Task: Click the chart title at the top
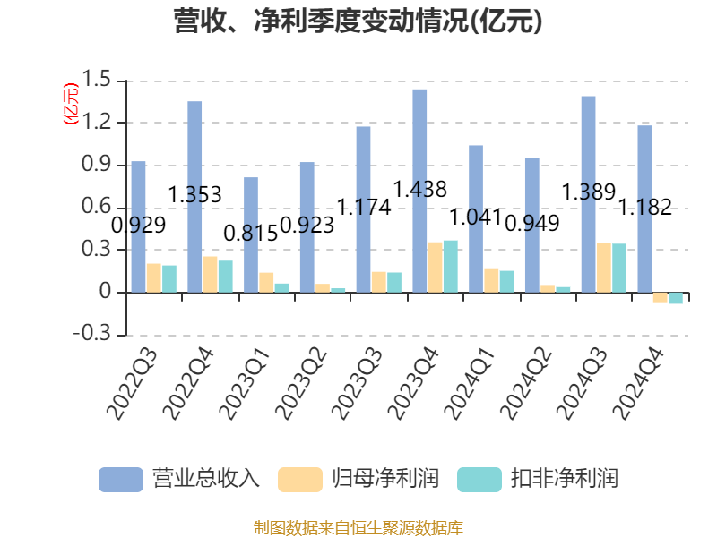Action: pyautogui.click(x=358, y=21)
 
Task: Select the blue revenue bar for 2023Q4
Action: pyautogui.click(x=419, y=190)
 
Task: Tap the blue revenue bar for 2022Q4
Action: pyautogui.click(x=194, y=196)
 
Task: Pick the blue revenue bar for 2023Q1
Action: pyautogui.click(x=251, y=234)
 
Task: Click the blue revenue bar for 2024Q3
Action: pyautogui.click(x=588, y=193)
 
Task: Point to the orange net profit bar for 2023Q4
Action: pyautogui.click(x=435, y=267)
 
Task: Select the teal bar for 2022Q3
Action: pyautogui.click(x=169, y=278)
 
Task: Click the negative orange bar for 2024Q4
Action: pyautogui.click(x=660, y=297)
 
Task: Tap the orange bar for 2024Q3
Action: pyautogui.click(x=603, y=268)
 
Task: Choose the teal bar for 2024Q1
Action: pyautogui.click(x=506, y=281)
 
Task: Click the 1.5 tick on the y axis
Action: pyautogui.click(x=99, y=81)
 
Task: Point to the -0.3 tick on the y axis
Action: pyautogui.click(x=95, y=335)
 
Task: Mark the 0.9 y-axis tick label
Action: pyautogui.click(x=99, y=165)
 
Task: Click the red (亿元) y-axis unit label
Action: pyautogui.click(x=70, y=103)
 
